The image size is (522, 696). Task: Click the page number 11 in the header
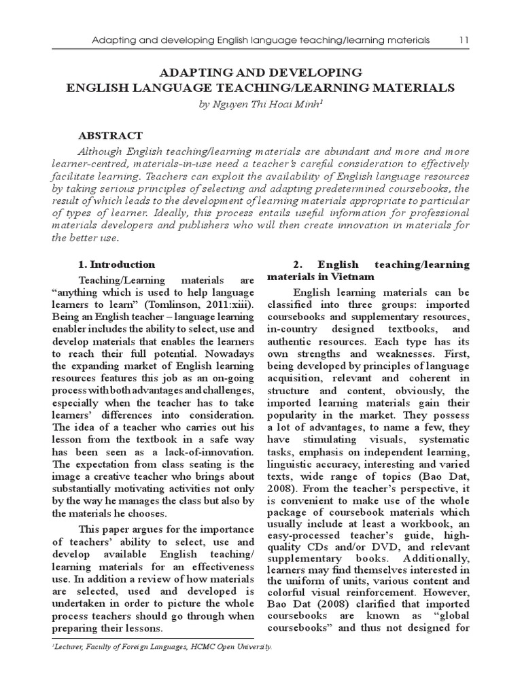464,40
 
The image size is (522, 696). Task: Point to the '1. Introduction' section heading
117,264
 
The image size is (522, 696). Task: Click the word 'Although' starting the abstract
103,152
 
